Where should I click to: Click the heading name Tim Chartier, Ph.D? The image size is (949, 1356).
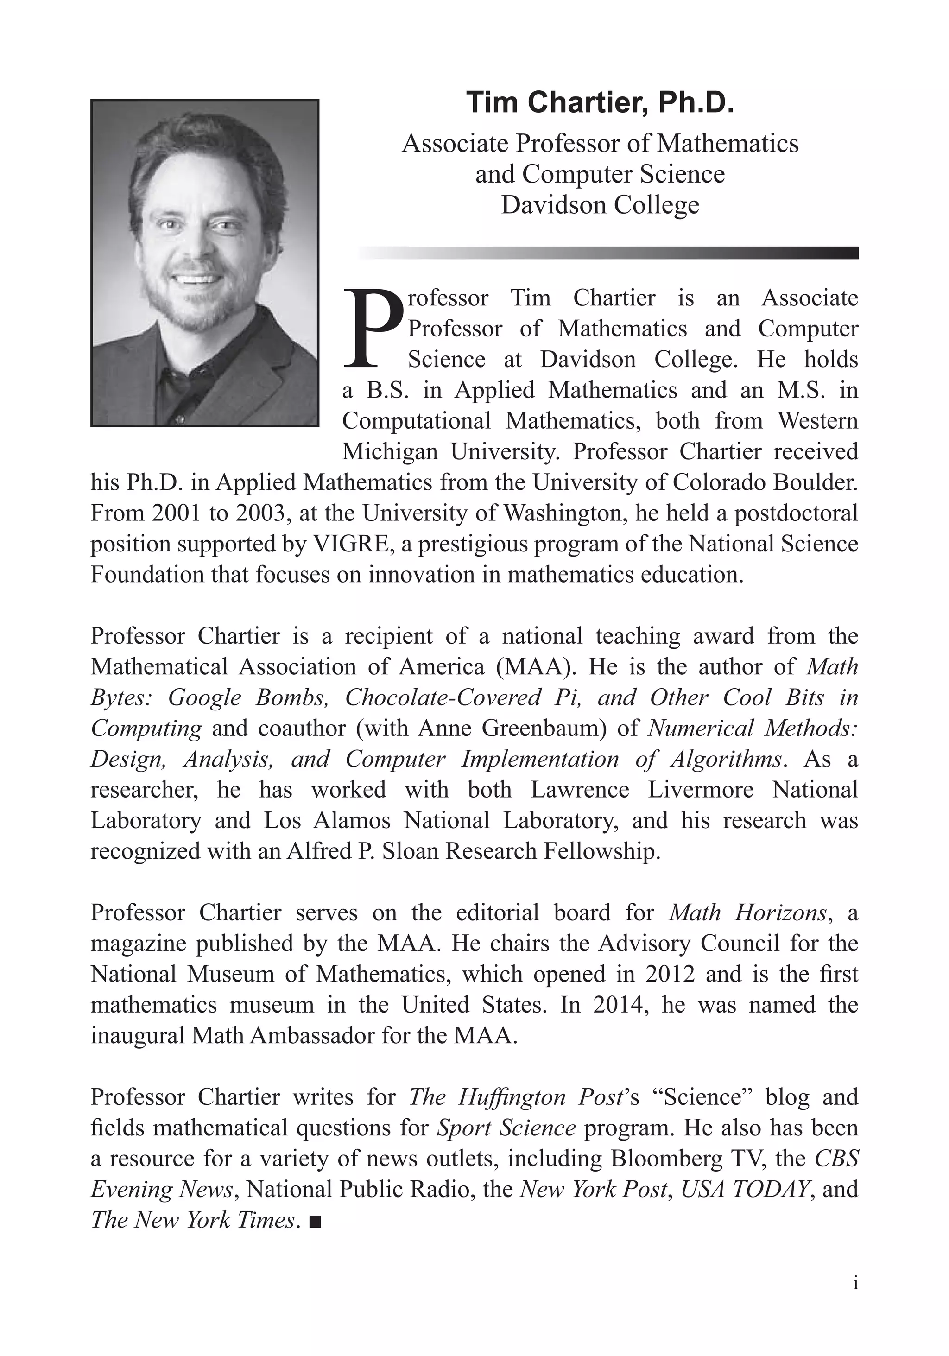(600, 103)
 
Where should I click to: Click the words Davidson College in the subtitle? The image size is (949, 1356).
(600, 205)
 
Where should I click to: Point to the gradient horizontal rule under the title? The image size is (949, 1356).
(608, 253)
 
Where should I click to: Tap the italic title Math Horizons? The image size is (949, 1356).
(747, 912)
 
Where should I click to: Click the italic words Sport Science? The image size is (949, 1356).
(506, 1128)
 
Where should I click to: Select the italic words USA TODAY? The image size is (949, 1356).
(745, 1190)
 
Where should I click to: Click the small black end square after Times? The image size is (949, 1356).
(315, 1221)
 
